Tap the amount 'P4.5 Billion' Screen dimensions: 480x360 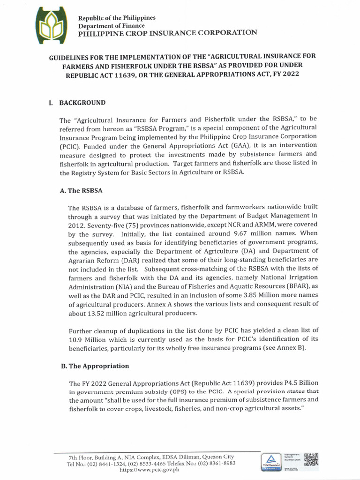pos(300,382)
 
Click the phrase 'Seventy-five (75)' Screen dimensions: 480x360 pos(95,237)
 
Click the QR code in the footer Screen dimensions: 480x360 pos(311,461)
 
